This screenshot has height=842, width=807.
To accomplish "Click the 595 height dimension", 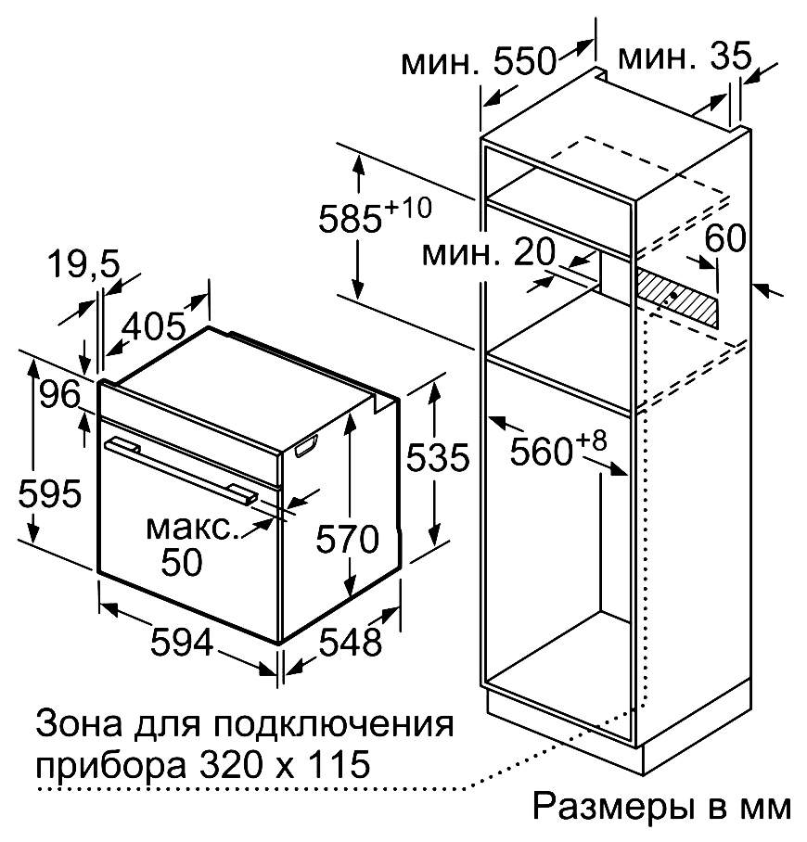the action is [x=49, y=493].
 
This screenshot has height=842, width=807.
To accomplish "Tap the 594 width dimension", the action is [x=182, y=642].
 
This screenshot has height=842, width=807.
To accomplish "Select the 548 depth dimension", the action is [x=351, y=642].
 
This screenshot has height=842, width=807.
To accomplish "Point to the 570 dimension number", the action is [x=347, y=539].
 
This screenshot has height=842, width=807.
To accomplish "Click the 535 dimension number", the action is [x=438, y=458].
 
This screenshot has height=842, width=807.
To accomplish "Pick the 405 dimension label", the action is [x=155, y=326].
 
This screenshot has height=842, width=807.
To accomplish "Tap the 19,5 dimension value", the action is [x=84, y=264].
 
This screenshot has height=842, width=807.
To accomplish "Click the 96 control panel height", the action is [x=59, y=395].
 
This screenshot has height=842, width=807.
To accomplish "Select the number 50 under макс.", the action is [x=182, y=562].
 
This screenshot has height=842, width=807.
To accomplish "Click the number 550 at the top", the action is [x=524, y=60].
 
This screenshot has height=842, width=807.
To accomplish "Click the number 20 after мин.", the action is [x=533, y=252].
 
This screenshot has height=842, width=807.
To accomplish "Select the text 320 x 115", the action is [x=285, y=764].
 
